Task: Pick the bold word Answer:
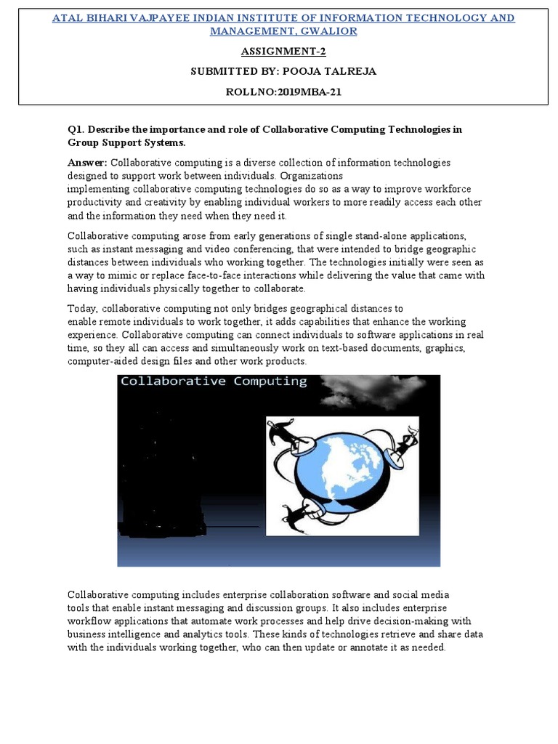coord(87,163)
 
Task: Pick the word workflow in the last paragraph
coord(90,621)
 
